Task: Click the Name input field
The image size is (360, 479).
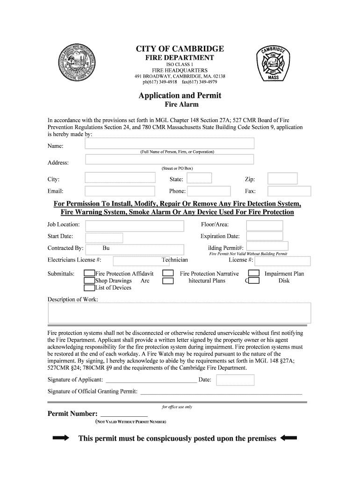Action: click(169, 143)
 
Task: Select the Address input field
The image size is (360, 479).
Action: click(169, 160)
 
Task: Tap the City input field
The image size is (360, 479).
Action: click(120, 178)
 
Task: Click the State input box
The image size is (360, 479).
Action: click(199, 178)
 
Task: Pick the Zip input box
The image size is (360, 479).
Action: click(282, 178)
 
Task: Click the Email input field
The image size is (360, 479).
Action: click(120, 191)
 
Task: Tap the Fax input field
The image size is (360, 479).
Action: click(289, 191)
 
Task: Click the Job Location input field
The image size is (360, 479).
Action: click(135, 226)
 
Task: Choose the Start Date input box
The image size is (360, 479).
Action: click(104, 238)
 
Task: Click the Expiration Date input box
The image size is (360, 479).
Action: click(264, 236)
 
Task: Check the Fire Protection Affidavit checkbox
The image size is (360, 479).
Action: click(89, 274)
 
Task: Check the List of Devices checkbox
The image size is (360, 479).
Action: click(89, 288)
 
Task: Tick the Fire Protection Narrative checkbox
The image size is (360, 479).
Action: click(168, 274)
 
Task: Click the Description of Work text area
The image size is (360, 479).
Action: click(180, 313)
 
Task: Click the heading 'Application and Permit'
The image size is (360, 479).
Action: click(180, 95)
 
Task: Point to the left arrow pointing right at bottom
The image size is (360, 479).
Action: click(61, 438)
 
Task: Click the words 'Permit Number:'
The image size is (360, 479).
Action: click(72, 414)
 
